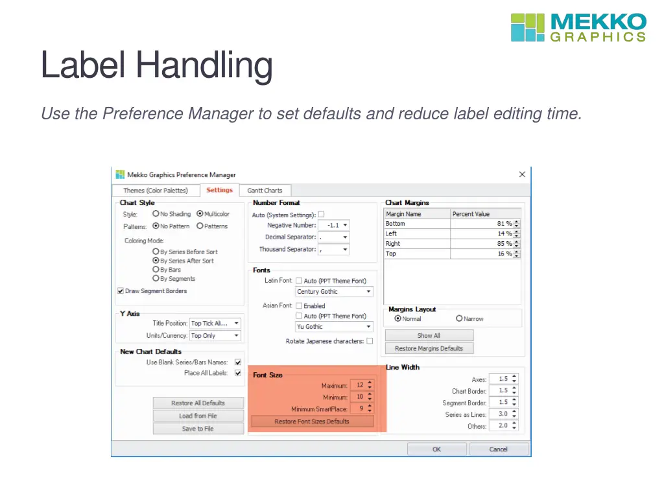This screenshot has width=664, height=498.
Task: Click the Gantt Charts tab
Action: pyautogui.click(x=265, y=191)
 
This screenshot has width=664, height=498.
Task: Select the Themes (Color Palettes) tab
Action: pyautogui.click(x=156, y=191)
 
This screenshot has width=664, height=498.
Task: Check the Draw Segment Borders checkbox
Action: pyautogui.click(x=121, y=291)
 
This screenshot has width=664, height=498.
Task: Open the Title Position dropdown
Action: pyautogui.click(x=215, y=323)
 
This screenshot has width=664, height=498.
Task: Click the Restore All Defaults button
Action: pyautogui.click(x=198, y=403)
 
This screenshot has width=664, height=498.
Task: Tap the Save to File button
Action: pyautogui.click(x=198, y=429)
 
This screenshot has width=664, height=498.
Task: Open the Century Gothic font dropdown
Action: pyautogui.click(x=335, y=292)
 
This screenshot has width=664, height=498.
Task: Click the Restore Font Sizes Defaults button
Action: pyautogui.click(x=312, y=421)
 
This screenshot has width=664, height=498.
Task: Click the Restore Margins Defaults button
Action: pyautogui.click(x=429, y=348)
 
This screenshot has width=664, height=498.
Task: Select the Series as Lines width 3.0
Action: pyautogui.click(x=503, y=414)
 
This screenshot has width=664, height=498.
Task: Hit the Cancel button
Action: pyautogui.click(x=499, y=449)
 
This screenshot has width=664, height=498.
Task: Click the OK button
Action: pyautogui.click(x=436, y=449)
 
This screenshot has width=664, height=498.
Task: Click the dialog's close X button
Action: pyautogui.click(x=522, y=174)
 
